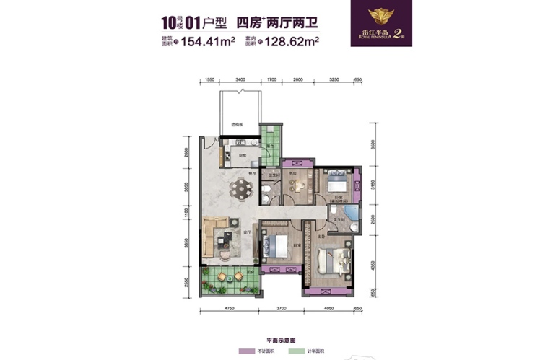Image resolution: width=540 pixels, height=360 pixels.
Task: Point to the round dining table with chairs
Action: coord(238,190)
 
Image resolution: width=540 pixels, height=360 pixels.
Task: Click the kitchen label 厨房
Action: coord(243,155)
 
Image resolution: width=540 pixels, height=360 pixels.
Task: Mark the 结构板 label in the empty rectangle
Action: coord(237,124)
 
